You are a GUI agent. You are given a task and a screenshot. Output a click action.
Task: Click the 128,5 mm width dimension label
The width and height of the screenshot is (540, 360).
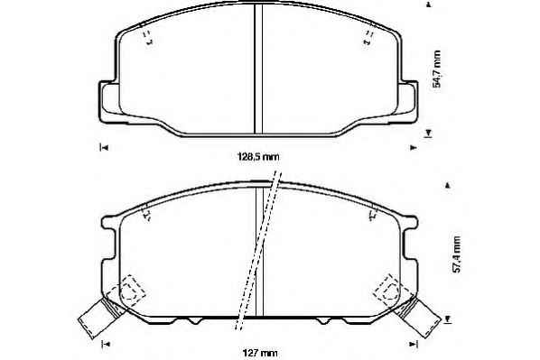coord(258,157)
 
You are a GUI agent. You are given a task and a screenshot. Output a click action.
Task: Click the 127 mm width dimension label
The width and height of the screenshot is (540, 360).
coord(260,353)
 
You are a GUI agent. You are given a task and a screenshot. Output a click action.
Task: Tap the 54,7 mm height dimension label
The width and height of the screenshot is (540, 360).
coord(437,69)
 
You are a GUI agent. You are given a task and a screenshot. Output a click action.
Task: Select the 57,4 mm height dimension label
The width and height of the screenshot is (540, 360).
coord(456,254)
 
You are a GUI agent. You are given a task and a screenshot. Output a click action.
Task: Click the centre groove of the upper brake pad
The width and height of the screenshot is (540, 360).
coord(258,69)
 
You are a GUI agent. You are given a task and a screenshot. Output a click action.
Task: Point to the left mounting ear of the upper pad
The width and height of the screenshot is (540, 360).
coord(109,102)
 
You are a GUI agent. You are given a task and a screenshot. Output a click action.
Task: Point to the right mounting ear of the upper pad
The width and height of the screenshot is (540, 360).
coord(408,102)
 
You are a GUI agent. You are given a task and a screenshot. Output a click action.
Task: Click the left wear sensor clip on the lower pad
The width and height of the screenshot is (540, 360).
coord(101,318)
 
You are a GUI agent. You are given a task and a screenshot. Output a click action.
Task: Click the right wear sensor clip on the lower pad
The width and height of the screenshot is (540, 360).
coord(417,317)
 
